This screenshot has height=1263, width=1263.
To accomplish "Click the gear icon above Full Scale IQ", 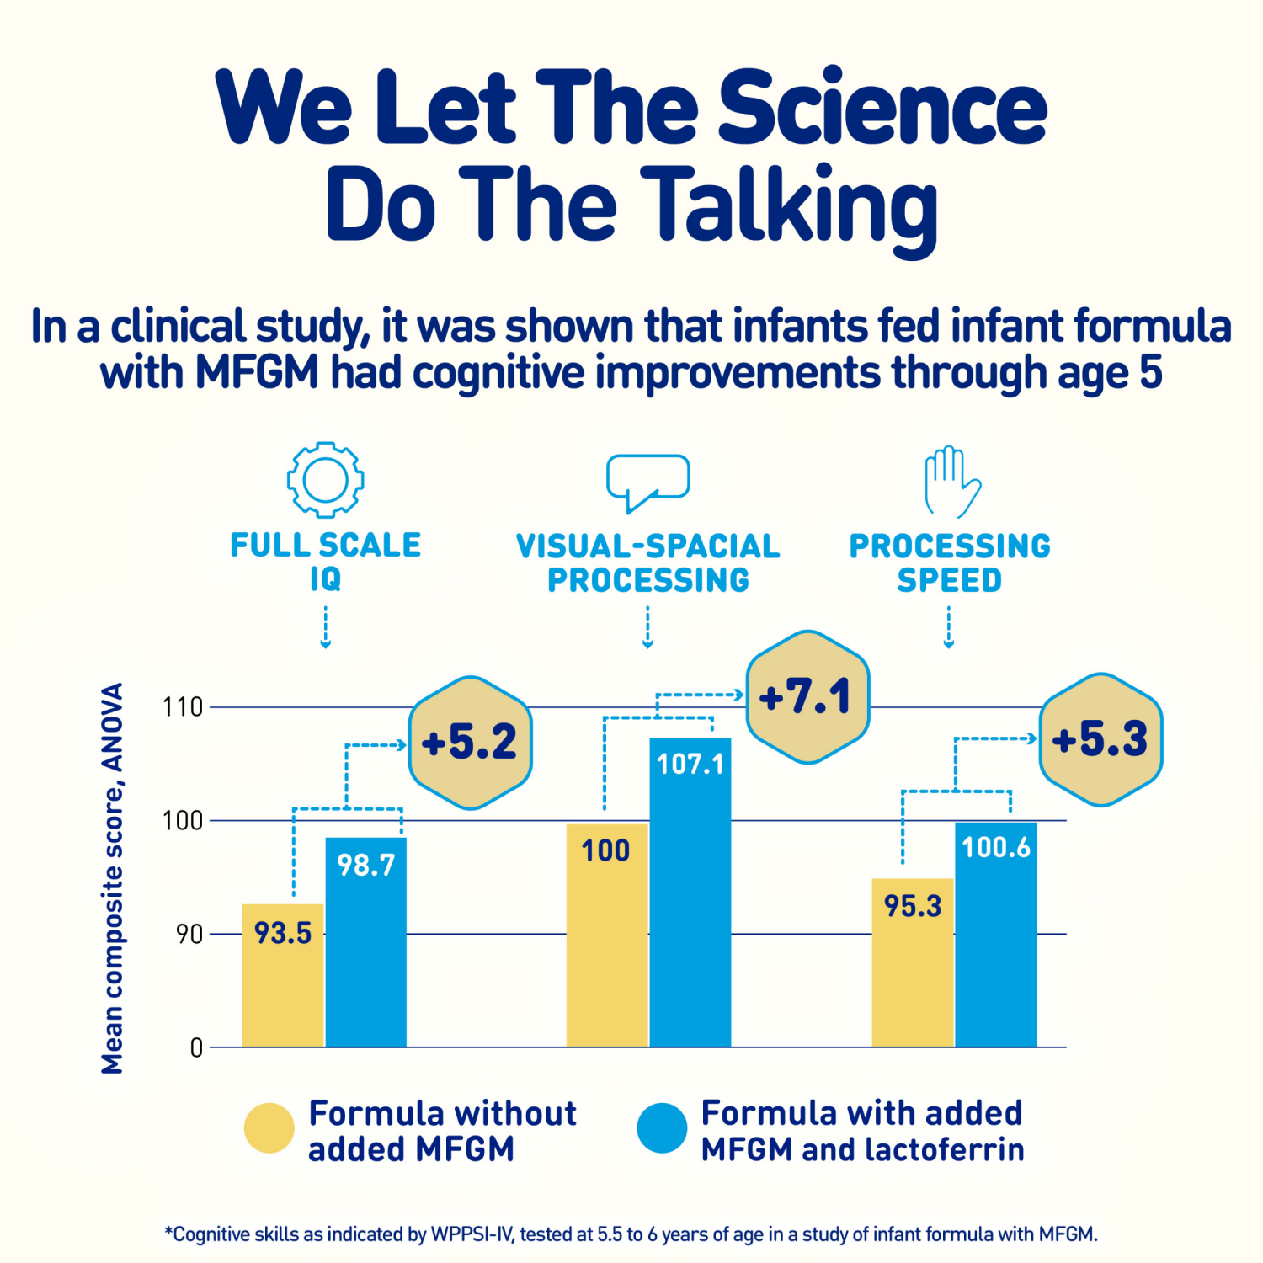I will pos(325,479).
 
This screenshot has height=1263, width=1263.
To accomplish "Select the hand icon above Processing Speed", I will pos(951,482).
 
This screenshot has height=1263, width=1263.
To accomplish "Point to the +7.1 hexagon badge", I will pos(807,697).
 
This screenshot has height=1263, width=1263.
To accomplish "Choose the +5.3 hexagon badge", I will pos(1100,739).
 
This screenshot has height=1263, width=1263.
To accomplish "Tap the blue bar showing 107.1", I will pos(690,893).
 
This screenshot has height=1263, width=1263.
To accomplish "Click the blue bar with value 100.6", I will pos(996,935).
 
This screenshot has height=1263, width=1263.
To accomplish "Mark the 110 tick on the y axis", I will pos(183,707).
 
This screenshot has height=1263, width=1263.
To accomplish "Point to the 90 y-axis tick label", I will pos(189,934).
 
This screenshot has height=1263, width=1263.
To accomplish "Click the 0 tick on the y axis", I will pos(196,1047).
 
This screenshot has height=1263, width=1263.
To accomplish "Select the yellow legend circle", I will pos(269,1128).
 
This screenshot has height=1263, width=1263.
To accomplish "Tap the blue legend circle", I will pos(662,1128).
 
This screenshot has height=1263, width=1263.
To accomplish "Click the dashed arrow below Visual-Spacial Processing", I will pos(647,627).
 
